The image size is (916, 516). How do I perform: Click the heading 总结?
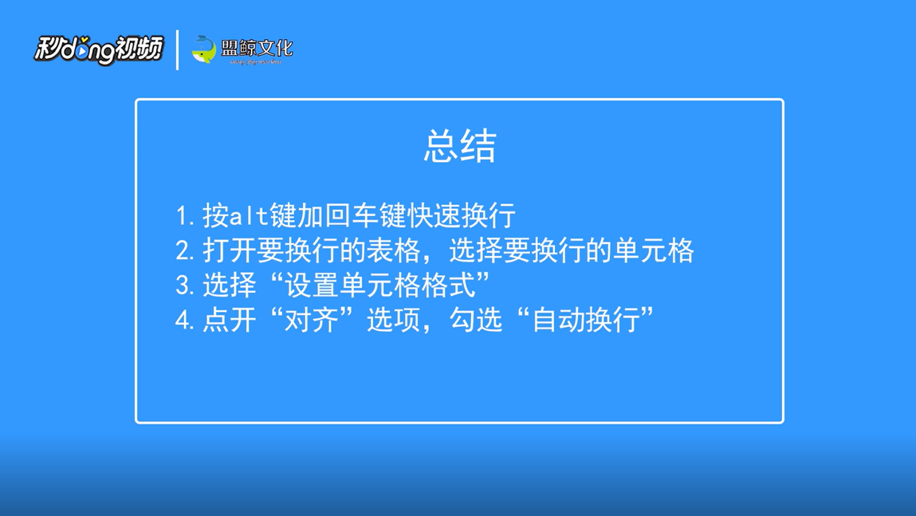[460, 145]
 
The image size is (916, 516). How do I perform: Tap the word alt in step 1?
[249, 216]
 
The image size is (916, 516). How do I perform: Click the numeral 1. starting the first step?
[185, 216]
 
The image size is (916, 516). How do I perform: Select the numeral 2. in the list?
[185, 251]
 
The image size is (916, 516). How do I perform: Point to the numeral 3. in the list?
[185, 286]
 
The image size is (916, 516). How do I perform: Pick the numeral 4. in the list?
[185, 321]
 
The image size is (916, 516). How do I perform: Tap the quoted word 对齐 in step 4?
[312, 320]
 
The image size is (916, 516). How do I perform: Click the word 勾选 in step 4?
[476, 320]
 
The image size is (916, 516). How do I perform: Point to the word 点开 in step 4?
[230, 320]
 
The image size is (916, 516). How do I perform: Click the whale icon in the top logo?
[204, 49]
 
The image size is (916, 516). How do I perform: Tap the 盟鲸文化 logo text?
[257, 49]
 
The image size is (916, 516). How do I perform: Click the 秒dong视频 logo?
[99, 49]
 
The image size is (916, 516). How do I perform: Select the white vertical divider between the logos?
[177, 49]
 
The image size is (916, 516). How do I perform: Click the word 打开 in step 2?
[230, 250]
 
